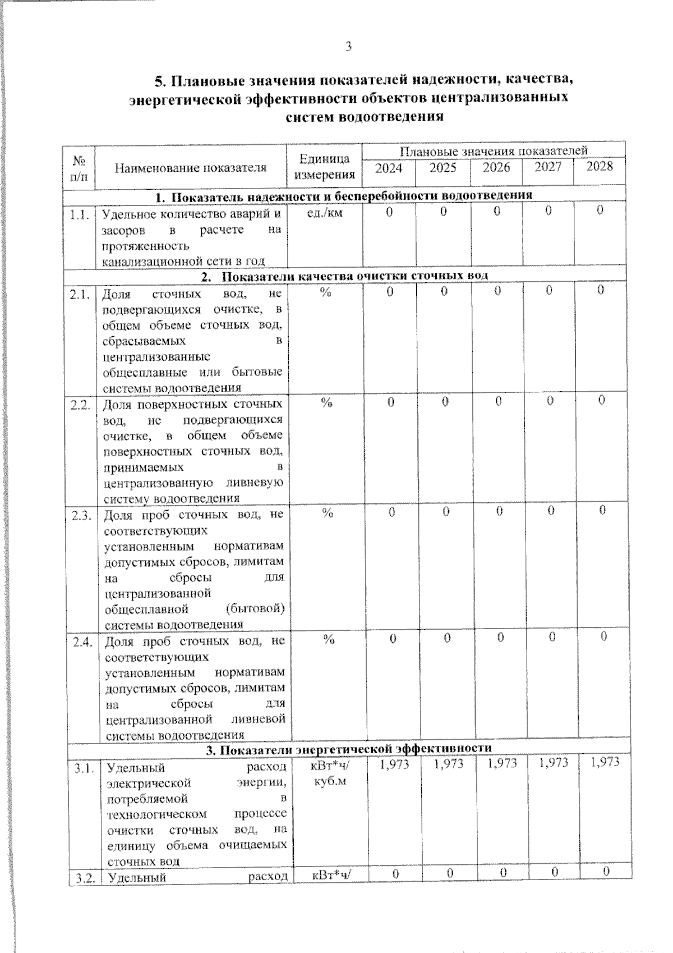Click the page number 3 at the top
(348, 47)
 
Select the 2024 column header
(388, 168)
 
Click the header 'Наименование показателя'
(191, 168)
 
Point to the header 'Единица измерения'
(325, 167)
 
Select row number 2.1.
(81, 293)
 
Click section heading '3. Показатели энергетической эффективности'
(348, 749)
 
